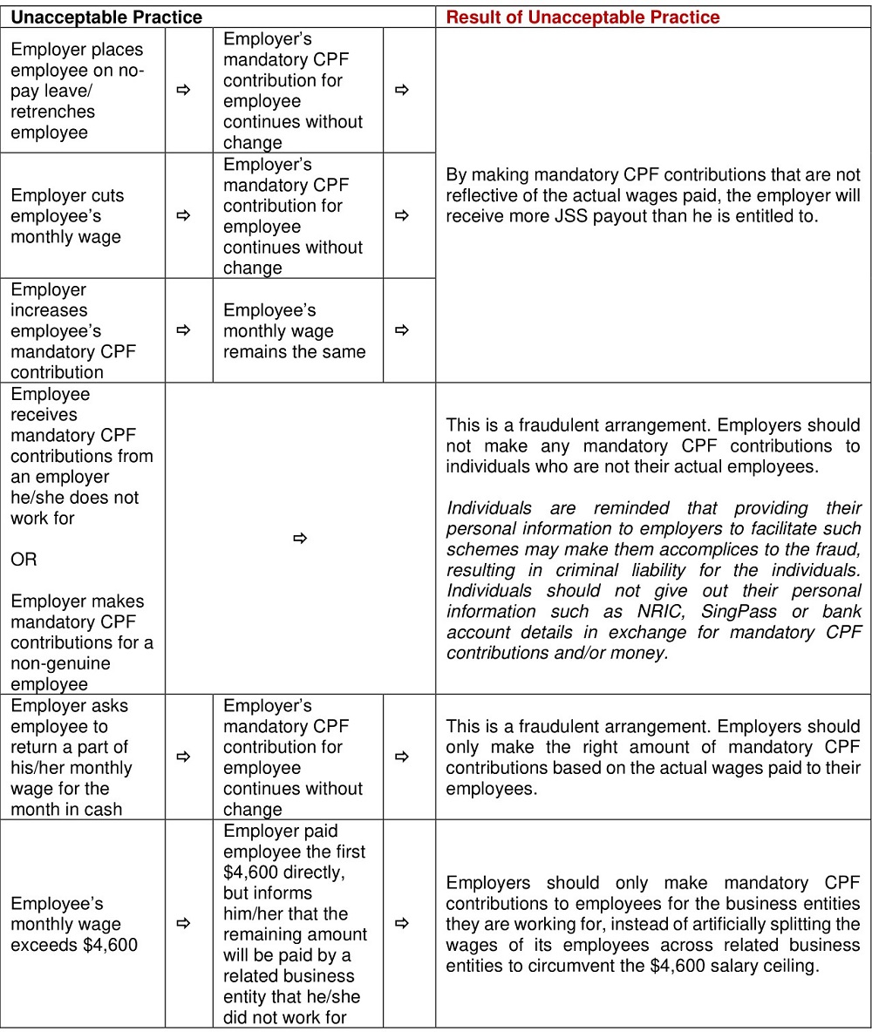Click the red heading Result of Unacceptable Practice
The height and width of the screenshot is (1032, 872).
[x=582, y=17]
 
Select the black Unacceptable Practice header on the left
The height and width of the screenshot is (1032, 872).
[x=106, y=17]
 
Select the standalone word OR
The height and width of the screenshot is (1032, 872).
[x=24, y=560]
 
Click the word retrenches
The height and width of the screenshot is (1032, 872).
[x=53, y=112]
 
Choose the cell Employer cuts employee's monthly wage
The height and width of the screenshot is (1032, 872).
[x=67, y=216]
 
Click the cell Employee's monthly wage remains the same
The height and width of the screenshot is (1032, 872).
[x=294, y=331]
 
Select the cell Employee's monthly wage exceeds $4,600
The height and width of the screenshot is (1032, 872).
[x=74, y=924]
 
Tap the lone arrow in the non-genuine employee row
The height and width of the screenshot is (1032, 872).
[x=300, y=539]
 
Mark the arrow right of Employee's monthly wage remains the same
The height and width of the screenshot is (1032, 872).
[x=401, y=330]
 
